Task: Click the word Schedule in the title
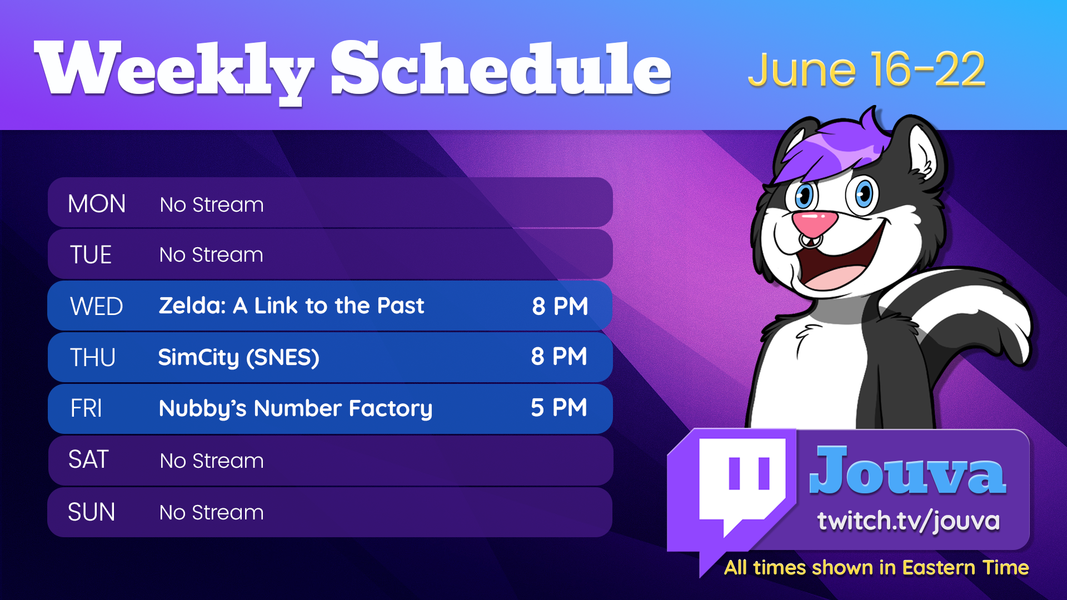tap(501, 69)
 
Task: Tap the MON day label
tap(97, 204)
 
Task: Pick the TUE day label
tap(91, 255)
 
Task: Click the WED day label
tap(96, 307)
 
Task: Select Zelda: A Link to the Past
tap(291, 306)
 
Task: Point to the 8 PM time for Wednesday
tap(560, 306)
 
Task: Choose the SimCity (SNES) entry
tap(238, 357)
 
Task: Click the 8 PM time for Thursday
tap(559, 356)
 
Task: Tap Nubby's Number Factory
tap(295, 409)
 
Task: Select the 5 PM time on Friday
tap(559, 407)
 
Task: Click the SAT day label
tap(88, 460)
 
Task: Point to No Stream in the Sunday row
tap(211, 512)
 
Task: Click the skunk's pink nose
tap(814, 222)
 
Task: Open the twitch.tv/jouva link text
tap(908, 521)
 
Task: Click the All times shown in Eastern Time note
tap(876, 568)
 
